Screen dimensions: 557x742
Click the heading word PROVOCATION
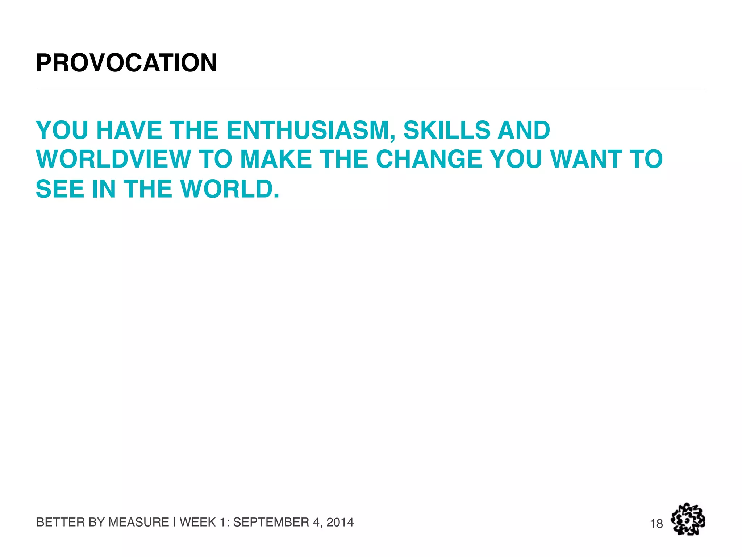point(126,63)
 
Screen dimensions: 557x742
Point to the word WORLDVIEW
point(113,160)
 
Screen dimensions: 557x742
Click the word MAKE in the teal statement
point(276,160)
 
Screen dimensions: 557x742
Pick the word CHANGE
point(429,160)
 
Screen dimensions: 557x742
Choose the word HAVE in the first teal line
point(129,130)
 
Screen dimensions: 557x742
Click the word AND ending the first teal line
point(524,130)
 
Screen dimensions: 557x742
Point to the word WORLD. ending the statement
point(230,189)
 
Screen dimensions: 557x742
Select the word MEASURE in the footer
point(139,522)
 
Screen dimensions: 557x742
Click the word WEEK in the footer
point(197,522)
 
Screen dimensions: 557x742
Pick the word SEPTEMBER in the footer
point(271,522)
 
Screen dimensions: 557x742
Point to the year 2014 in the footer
point(340,522)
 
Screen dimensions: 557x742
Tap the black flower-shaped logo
point(688,519)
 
